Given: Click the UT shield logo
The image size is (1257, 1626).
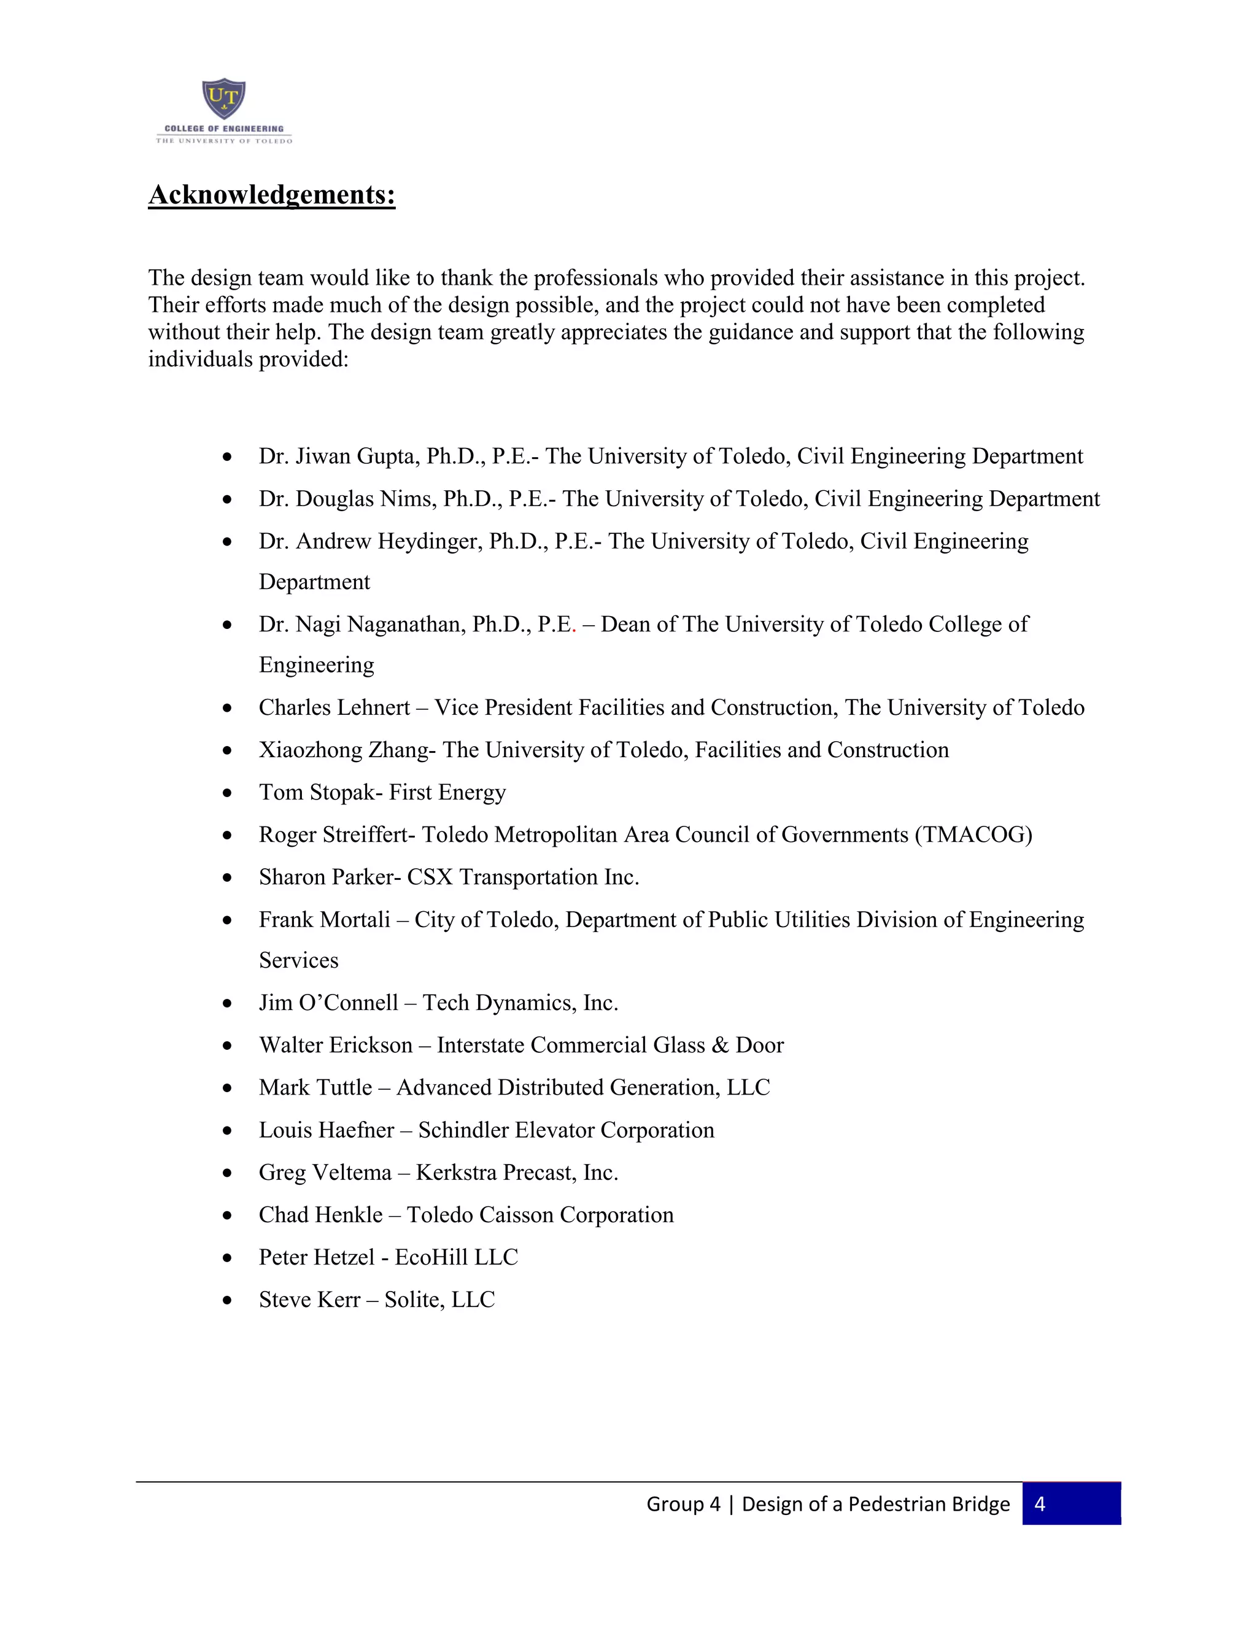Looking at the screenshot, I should click(x=223, y=99).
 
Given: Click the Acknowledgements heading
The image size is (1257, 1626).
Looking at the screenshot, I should click(x=272, y=195).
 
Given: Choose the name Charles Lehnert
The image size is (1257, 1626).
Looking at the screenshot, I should click(x=335, y=707).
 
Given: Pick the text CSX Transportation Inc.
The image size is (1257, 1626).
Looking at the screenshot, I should click(x=523, y=877).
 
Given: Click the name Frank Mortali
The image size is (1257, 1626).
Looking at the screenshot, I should click(x=324, y=920).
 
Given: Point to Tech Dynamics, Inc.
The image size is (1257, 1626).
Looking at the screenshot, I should click(x=520, y=1003).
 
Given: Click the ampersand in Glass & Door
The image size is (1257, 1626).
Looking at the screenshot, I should click(x=719, y=1046).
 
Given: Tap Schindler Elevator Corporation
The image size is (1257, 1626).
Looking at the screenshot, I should click(x=566, y=1130).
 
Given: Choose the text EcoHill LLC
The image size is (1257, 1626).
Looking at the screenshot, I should click(x=456, y=1257).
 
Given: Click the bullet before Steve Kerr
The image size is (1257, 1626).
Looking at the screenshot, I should click(x=227, y=1301).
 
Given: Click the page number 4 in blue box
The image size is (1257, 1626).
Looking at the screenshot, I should click(x=1040, y=1505).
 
